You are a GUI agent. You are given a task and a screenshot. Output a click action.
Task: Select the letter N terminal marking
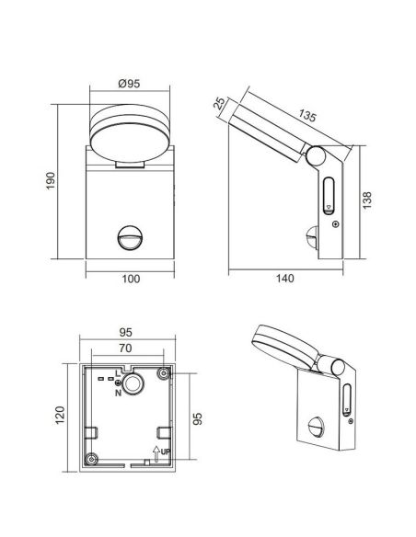tap(118, 394)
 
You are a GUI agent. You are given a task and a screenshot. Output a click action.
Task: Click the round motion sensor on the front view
tap(129, 240)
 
